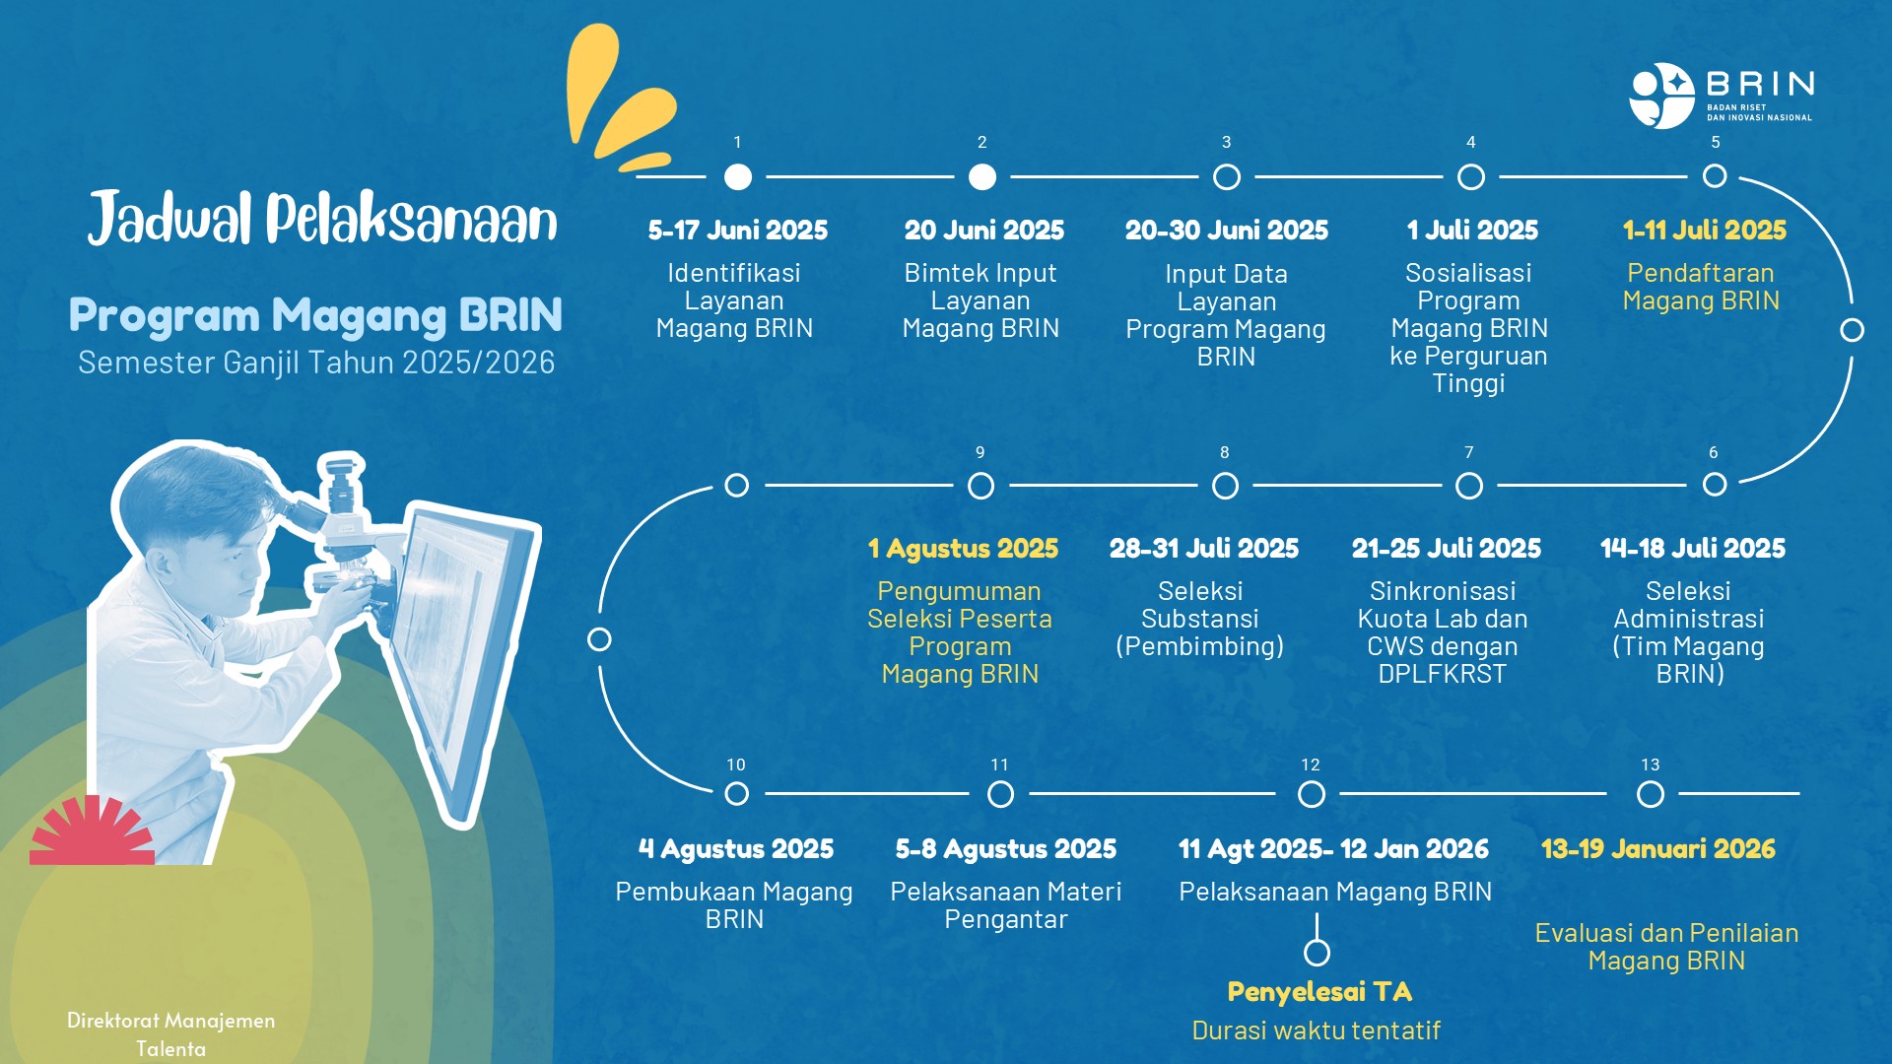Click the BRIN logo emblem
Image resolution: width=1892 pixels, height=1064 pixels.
1662,96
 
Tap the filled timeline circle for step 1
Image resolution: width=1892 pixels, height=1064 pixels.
737,176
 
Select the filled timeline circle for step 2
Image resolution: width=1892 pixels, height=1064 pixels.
981,176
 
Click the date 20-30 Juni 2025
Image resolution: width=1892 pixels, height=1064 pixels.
1227,231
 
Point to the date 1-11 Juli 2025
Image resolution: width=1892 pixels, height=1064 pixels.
1705,231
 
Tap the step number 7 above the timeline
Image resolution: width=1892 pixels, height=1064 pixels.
1469,452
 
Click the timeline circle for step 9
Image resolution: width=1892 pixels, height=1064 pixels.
980,486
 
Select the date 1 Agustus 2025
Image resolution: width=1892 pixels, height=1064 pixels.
963,549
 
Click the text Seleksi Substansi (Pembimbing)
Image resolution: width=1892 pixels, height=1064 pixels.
1200,619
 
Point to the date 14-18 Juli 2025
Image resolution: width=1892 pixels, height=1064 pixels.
1693,549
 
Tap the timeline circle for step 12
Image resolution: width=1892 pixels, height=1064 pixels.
1311,794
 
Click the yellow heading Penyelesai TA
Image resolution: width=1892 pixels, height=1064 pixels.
1319,992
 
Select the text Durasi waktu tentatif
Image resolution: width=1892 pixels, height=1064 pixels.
1317,1031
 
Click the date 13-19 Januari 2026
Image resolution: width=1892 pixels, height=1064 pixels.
1658,849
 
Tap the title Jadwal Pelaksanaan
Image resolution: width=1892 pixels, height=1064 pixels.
322,218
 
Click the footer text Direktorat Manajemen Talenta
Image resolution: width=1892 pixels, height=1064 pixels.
171,1034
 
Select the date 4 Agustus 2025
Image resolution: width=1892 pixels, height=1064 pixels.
736,849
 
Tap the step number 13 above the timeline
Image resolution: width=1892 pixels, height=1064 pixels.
1651,765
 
